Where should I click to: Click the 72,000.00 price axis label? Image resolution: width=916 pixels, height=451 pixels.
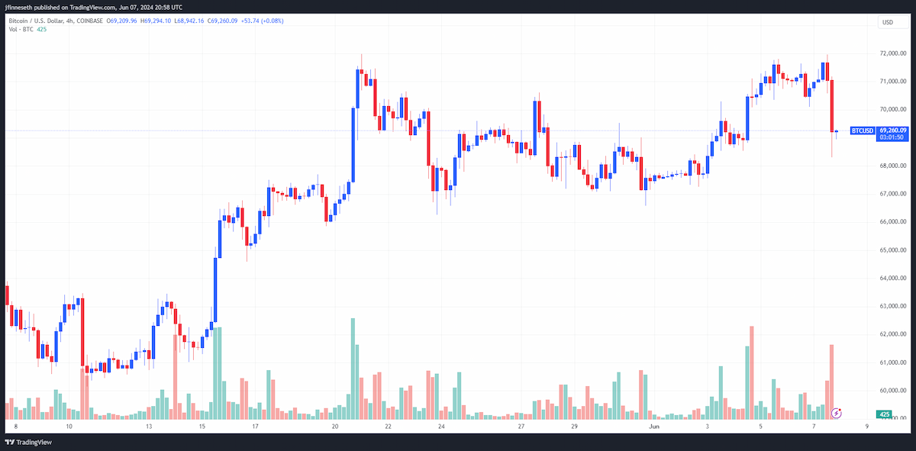[x=892, y=53]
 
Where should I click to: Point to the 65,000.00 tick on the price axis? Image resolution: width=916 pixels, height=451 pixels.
[x=892, y=250]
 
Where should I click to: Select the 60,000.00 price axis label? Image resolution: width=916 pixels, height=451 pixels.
[x=892, y=391]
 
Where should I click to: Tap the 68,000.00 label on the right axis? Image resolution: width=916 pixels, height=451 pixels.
[x=892, y=166]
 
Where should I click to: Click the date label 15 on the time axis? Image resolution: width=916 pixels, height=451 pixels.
[x=202, y=427]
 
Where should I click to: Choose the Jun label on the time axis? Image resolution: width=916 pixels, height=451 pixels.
[x=654, y=427]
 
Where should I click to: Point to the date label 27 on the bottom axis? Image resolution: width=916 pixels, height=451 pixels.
[x=521, y=427]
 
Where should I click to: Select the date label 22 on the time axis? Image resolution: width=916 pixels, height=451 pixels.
[x=388, y=427]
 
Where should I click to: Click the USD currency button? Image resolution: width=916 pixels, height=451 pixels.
[x=892, y=22]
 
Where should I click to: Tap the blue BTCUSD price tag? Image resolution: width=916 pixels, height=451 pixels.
[x=863, y=130]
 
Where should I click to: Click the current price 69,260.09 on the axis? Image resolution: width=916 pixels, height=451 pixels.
[x=892, y=130]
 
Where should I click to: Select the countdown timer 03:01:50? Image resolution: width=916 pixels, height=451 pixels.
[x=892, y=137]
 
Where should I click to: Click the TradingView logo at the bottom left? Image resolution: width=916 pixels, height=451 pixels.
[x=29, y=442]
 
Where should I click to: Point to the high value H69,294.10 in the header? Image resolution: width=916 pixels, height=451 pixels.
[x=156, y=21]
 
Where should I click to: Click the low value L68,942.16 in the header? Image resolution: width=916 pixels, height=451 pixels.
[x=189, y=21]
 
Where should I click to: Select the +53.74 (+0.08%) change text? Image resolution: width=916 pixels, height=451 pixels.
[x=262, y=21]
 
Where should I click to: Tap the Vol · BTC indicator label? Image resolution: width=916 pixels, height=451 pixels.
[x=21, y=30]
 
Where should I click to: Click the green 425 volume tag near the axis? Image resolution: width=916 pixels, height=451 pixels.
[x=884, y=414]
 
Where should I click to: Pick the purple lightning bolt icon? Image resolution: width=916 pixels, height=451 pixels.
[x=837, y=413]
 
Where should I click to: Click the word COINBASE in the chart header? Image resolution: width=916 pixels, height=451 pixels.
[x=89, y=21]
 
